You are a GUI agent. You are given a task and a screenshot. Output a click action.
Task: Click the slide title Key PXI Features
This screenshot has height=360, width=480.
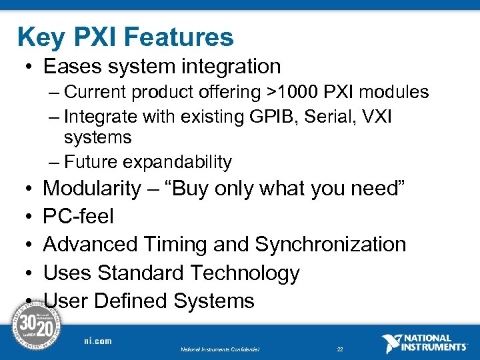(125, 37)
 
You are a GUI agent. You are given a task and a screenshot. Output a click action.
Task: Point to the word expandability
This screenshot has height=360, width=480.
(177, 162)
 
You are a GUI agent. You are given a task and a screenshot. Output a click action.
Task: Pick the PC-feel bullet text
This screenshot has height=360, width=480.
(78, 217)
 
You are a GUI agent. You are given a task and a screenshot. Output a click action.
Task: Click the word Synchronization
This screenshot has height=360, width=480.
(331, 245)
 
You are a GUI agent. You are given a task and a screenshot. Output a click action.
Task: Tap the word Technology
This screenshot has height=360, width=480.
(245, 273)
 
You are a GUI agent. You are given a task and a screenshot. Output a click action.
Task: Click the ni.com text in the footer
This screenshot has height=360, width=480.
(97, 341)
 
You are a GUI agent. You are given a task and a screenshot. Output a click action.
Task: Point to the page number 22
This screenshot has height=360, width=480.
(340, 349)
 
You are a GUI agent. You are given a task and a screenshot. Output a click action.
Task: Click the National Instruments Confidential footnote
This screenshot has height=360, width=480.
(220, 349)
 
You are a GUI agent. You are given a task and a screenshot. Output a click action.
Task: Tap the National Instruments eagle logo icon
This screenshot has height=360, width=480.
(391, 343)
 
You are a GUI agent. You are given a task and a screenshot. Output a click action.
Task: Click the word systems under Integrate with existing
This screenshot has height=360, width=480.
(98, 138)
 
